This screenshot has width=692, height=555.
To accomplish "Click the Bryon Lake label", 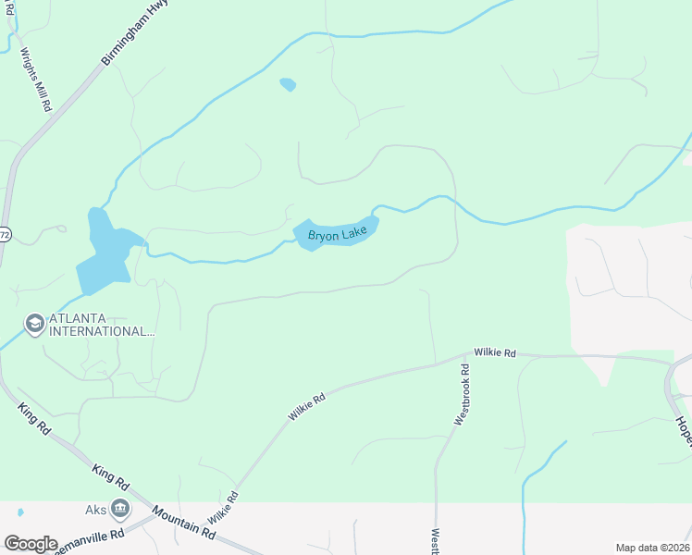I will [338, 234].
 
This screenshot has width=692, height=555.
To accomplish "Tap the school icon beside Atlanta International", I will [35, 324].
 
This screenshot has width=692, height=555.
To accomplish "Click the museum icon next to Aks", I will [120, 508].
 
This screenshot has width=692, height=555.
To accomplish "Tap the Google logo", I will [31, 544].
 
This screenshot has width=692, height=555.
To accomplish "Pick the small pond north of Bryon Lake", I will [288, 85].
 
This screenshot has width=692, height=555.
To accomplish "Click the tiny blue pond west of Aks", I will [19, 511].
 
